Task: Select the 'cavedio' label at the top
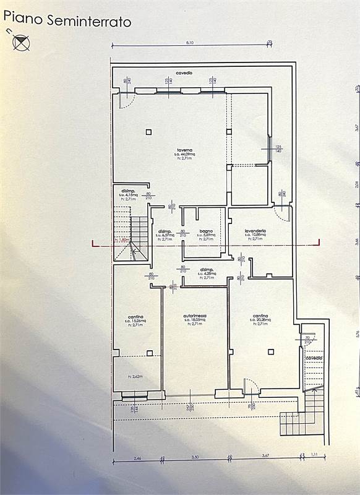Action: [x=184, y=73]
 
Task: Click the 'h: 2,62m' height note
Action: [x=135, y=376]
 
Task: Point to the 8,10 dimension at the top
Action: [x=189, y=42]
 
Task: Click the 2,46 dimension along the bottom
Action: [x=136, y=457]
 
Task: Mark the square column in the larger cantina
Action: [x=270, y=352]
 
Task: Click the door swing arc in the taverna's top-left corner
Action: [x=126, y=100]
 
